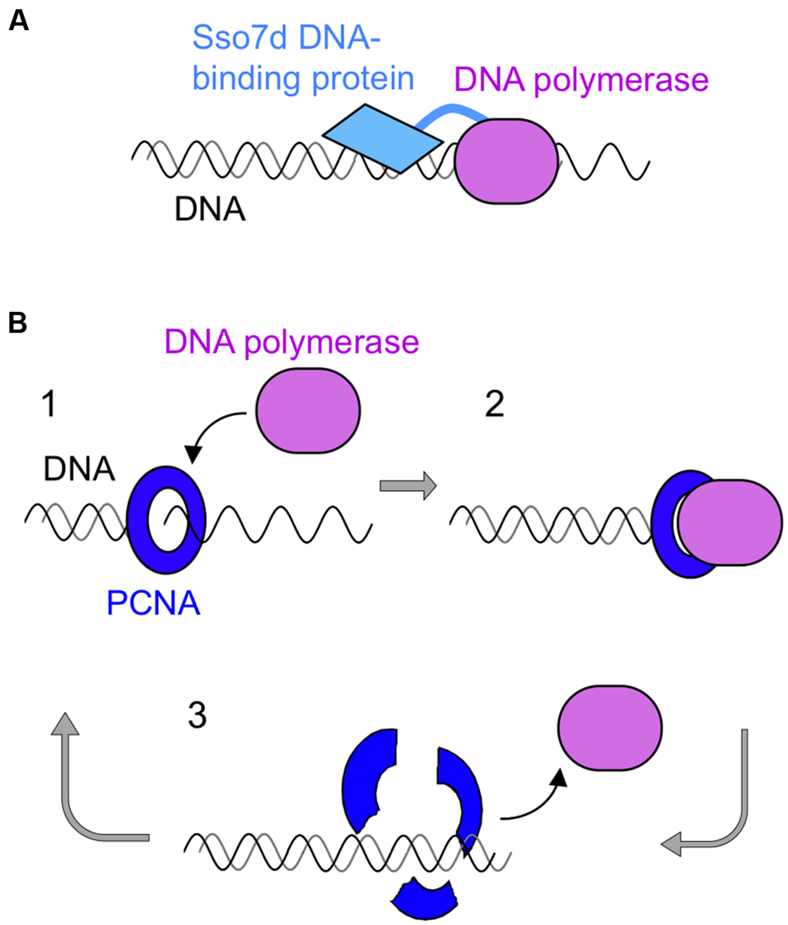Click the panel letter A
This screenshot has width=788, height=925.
[x=18, y=21]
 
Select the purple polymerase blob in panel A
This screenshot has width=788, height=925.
[x=506, y=162]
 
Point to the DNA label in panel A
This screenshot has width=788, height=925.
[x=210, y=209]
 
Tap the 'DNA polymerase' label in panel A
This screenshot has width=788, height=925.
[x=581, y=80]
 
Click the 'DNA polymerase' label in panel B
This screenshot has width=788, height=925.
[x=292, y=342]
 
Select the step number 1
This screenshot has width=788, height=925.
[x=49, y=404]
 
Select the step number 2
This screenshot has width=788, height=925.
[x=495, y=404]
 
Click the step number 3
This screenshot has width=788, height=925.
[x=197, y=716]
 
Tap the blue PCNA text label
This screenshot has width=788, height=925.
[x=153, y=603]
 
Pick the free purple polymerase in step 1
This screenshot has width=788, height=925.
[x=308, y=411]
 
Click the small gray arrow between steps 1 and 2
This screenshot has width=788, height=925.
[x=408, y=485]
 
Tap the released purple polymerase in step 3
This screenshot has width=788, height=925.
[x=610, y=728]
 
